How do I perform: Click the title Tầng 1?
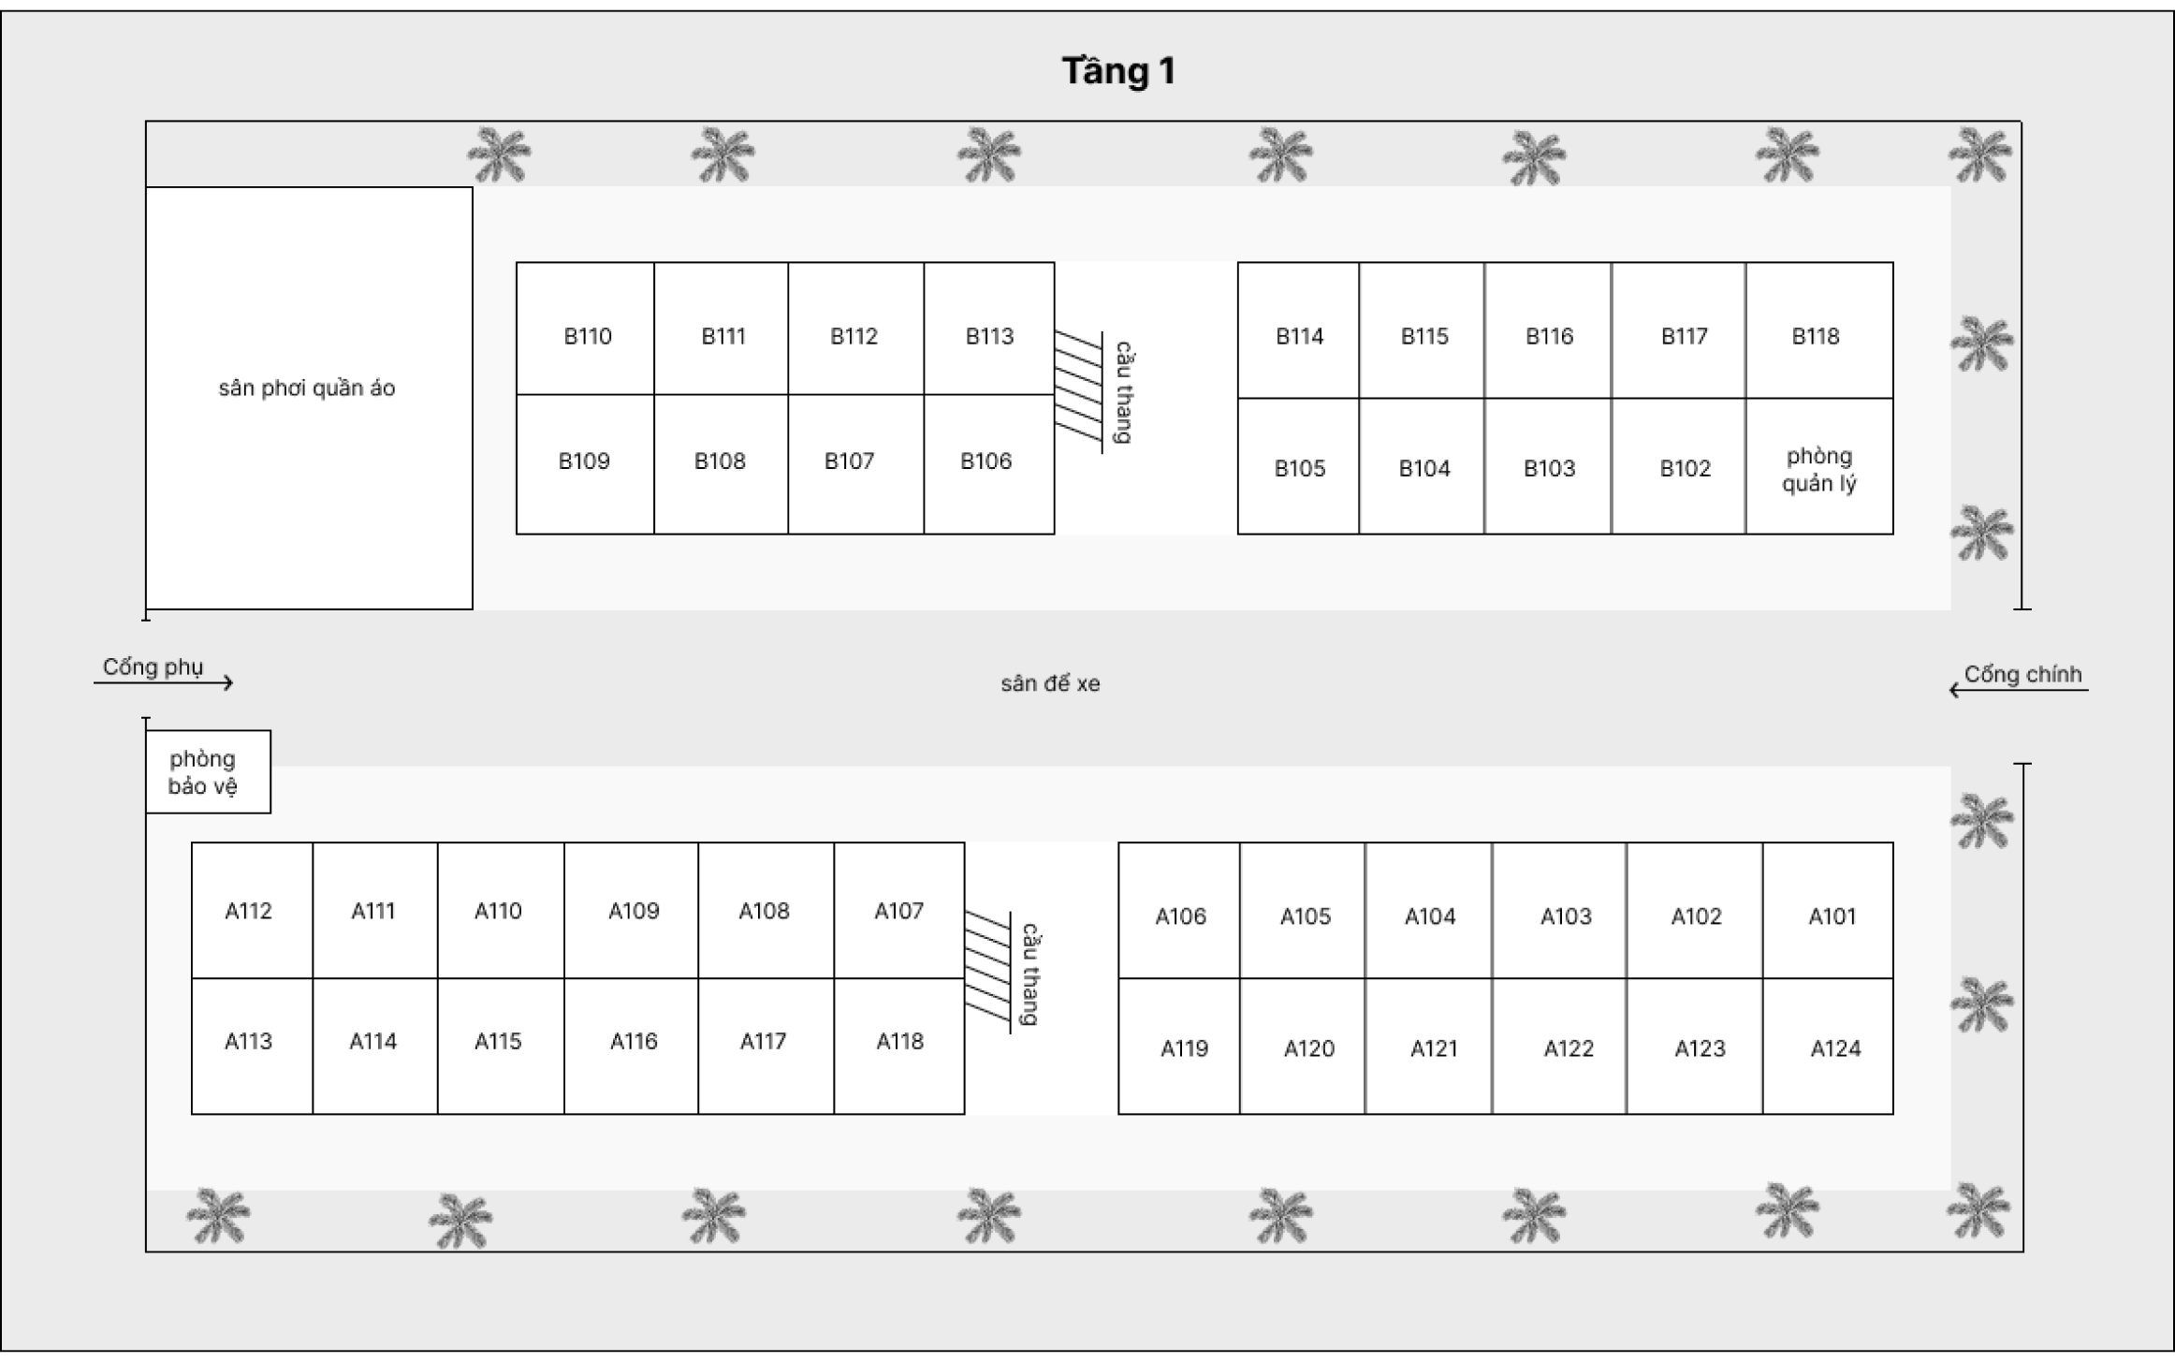[1117, 71]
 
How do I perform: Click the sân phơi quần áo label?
[307, 388]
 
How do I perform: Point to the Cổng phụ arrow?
[164, 682]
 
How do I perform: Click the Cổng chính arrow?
[2018, 690]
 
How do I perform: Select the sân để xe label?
[1050, 684]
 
